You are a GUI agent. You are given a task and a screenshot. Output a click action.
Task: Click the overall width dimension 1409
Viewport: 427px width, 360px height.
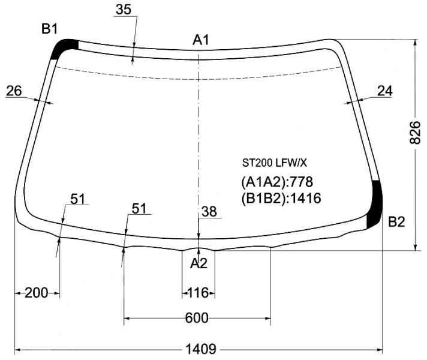tap(201, 349)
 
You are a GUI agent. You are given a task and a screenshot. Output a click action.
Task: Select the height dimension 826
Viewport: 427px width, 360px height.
tap(415, 132)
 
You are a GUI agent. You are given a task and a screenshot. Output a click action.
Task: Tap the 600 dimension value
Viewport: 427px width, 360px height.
tap(197, 318)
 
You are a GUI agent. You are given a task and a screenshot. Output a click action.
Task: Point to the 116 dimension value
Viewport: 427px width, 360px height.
tap(199, 293)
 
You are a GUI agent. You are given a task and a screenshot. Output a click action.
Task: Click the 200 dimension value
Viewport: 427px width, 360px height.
tap(36, 293)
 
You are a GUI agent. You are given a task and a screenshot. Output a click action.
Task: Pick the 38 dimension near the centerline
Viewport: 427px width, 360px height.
tap(209, 211)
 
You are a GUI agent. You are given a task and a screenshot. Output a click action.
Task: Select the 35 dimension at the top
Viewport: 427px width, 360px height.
tap(124, 10)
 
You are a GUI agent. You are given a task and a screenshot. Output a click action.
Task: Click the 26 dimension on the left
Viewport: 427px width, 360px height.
tap(14, 91)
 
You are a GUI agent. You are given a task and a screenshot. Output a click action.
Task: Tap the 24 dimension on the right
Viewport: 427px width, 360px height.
tap(385, 91)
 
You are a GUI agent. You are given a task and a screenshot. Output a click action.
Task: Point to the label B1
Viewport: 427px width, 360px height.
tap(50, 29)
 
